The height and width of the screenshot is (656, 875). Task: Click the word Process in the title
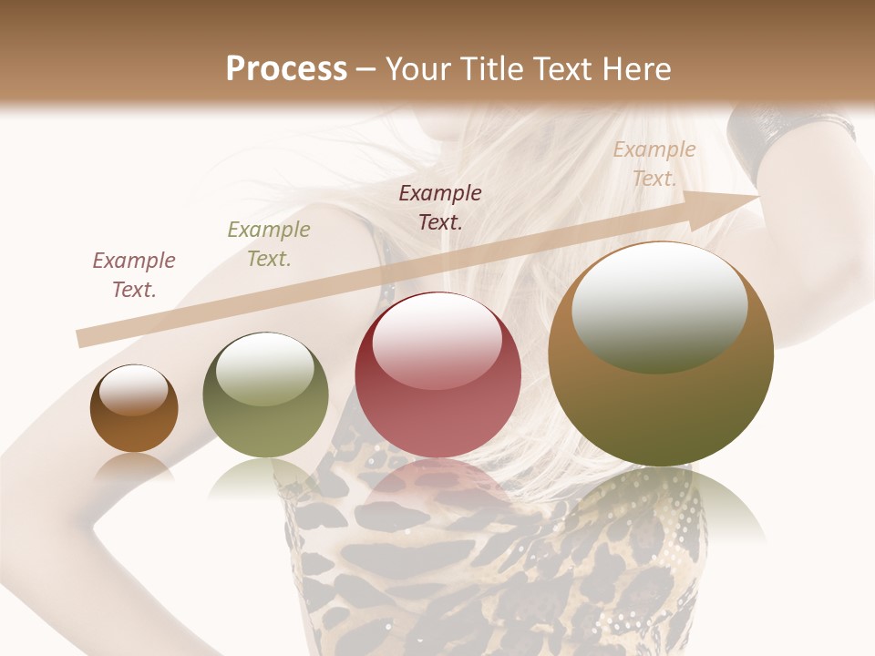tap(286, 68)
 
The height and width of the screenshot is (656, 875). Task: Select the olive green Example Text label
tap(269, 244)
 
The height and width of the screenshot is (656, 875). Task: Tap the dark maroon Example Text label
tap(440, 208)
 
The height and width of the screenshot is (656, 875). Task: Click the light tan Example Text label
tap(654, 164)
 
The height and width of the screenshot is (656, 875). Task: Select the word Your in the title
tap(420, 68)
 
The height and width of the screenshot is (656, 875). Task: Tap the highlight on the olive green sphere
tap(265, 367)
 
